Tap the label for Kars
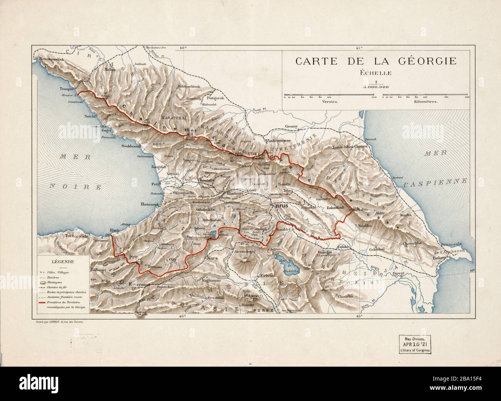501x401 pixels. [213, 257]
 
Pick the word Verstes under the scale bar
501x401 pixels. [330, 102]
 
